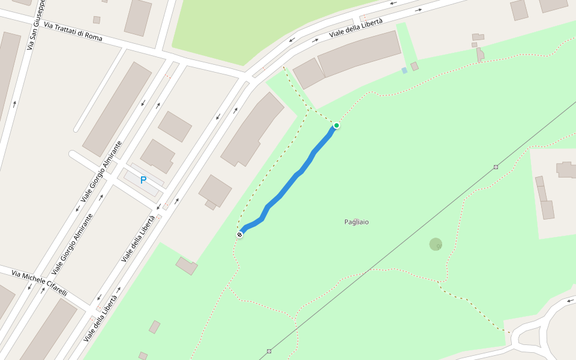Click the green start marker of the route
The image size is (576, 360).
337,125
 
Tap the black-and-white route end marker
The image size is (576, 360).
240,234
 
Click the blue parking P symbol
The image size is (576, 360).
143,179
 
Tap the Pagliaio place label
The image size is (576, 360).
356,222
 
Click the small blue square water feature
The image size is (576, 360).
404,70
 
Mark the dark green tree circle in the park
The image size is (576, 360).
436,244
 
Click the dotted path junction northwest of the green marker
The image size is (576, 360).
309,110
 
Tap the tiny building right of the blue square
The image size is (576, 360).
415,66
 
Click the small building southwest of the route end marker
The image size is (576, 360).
187,266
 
